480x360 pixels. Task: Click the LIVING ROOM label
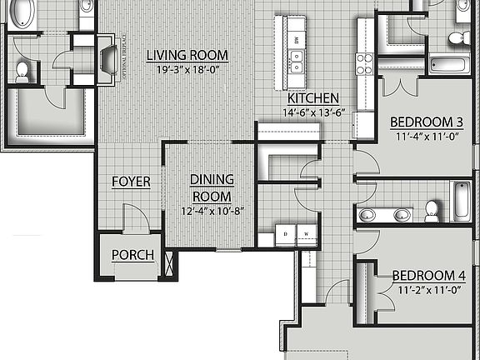187,56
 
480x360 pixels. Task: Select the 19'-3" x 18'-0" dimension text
187,70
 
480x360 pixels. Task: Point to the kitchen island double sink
296,58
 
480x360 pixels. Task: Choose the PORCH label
132,255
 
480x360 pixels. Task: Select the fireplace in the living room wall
107,61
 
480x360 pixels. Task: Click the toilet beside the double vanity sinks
432,209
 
